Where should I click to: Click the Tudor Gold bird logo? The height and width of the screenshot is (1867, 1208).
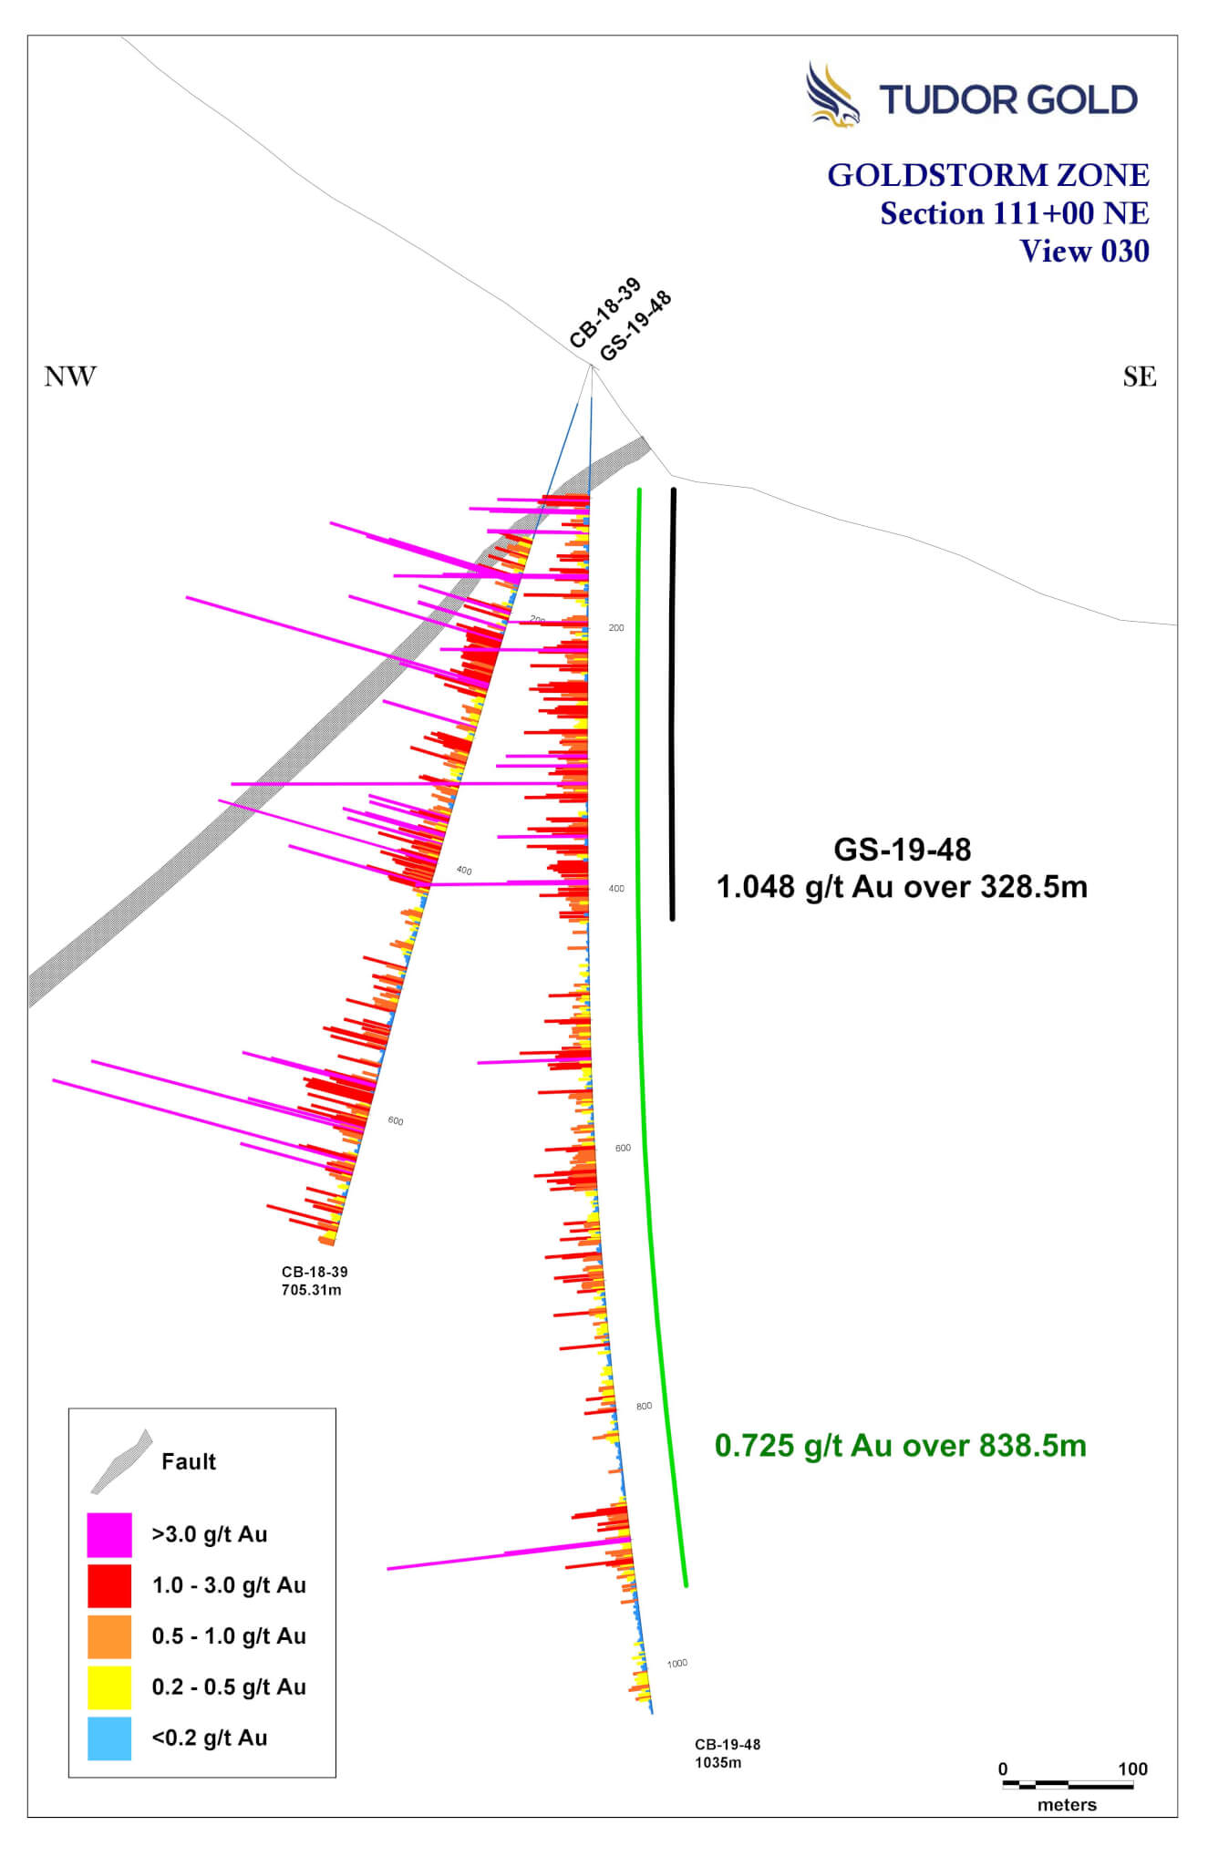coord(831,95)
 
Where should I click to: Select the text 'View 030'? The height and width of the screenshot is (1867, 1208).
coord(1084,252)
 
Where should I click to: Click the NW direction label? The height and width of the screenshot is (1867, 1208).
coord(70,376)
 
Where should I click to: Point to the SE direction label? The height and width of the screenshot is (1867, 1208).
coord(1140,376)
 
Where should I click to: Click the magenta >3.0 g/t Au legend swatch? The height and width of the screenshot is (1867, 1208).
coord(109,1535)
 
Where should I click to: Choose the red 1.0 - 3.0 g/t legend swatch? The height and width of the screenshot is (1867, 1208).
coord(109,1586)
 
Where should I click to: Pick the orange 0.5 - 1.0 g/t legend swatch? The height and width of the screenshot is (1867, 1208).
coord(109,1637)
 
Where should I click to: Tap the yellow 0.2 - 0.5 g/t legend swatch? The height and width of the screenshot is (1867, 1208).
coord(109,1687)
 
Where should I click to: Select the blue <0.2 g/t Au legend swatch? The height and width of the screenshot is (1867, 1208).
coord(109,1738)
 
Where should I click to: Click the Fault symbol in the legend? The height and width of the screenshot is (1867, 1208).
coord(120,1461)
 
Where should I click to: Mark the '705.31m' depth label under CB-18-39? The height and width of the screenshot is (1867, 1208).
coord(312,1290)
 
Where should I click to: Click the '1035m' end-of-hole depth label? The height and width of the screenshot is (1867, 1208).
coord(718,1762)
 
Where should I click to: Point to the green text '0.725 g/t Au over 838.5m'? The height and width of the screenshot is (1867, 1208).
coord(900,1446)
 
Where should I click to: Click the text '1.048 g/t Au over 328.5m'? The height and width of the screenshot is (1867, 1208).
coord(902,887)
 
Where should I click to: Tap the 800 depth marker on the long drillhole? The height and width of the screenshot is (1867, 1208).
coord(644,1406)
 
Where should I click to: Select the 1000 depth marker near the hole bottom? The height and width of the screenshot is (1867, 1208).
coord(677,1663)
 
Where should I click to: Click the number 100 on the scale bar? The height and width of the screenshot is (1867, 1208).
coord(1132,1769)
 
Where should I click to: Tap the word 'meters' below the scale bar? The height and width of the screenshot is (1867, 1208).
coord(1067,1805)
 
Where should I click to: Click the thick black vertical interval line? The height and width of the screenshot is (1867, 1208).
coord(673,702)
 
